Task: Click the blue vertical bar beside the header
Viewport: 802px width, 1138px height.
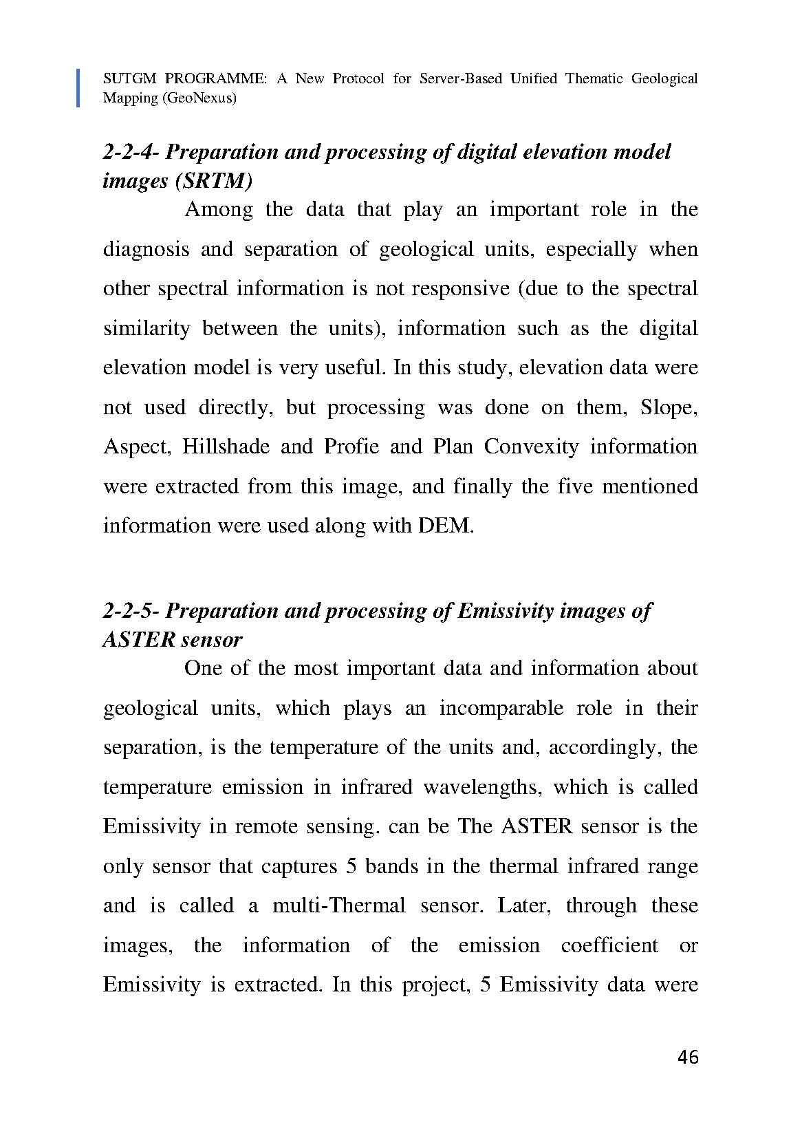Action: [x=78, y=87]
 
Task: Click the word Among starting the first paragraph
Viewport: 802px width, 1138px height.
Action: [x=219, y=209]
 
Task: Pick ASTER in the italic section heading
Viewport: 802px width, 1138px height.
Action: [x=138, y=640]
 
